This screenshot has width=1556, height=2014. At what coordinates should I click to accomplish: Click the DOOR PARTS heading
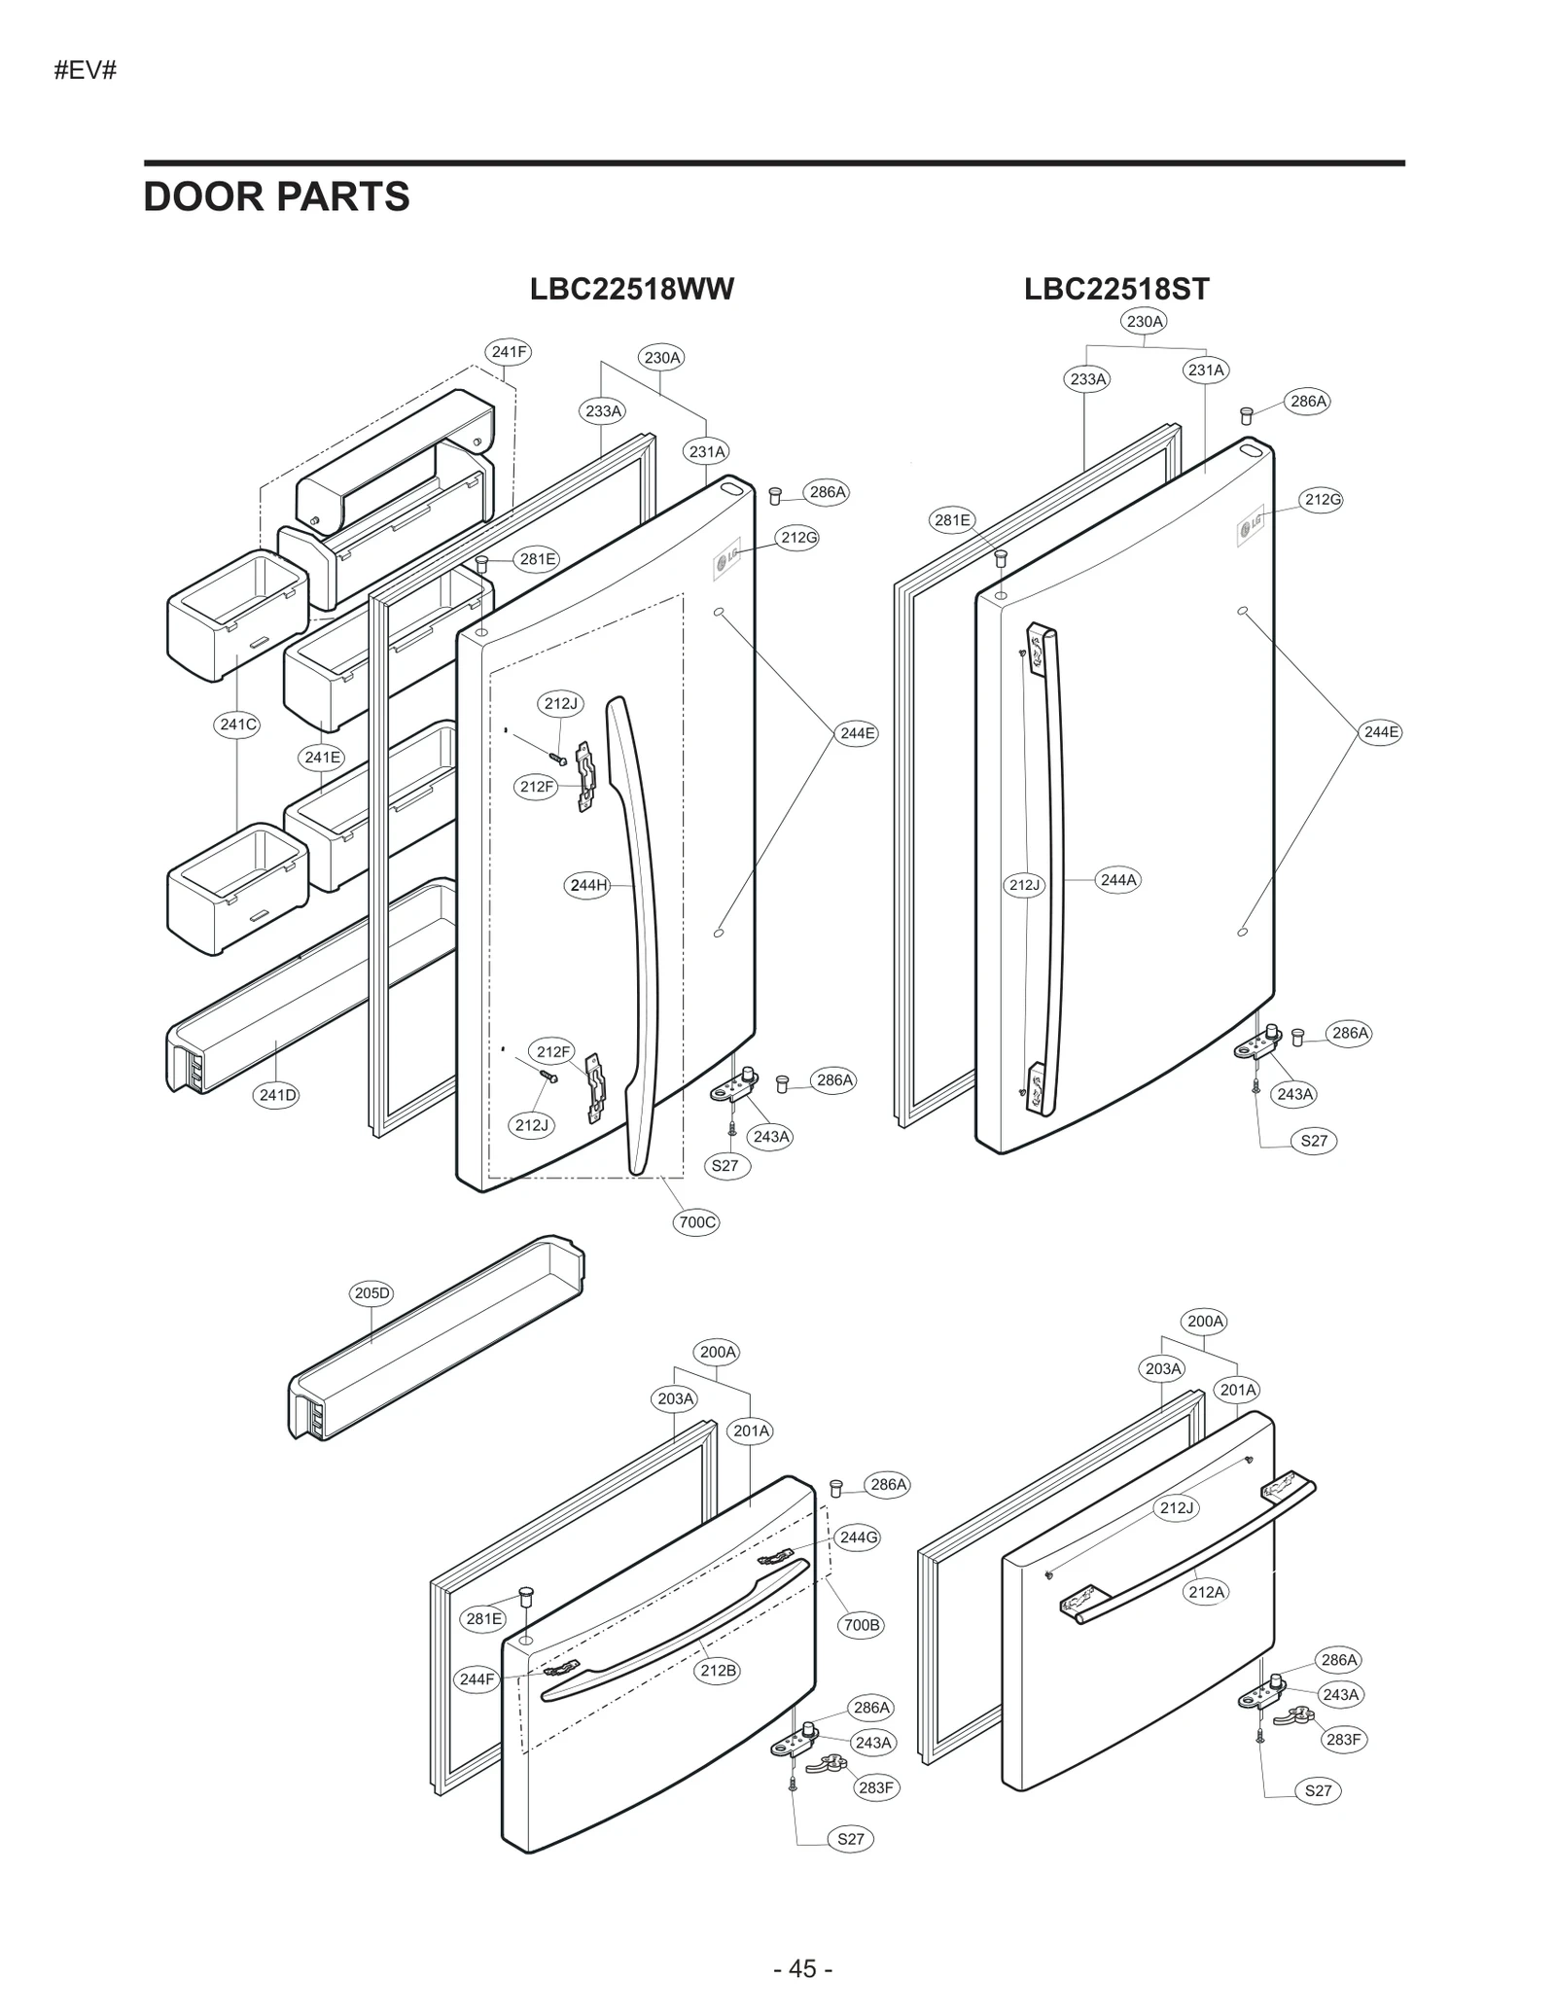click(x=276, y=197)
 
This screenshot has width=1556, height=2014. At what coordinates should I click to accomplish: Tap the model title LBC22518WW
click(x=631, y=289)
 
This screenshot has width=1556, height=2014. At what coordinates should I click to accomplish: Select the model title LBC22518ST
click(x=1116, y=289)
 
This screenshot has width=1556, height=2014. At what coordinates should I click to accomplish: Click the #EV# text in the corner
click(x=86, y=71)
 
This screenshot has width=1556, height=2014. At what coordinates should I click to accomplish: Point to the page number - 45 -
click(x=802, y=1968)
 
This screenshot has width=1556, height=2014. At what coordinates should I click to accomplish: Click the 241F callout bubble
click(x=509, y=352)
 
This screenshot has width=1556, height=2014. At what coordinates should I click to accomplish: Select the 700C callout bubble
click(x=696, y=1222)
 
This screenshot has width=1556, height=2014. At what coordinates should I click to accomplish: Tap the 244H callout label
click(x=588, y=885)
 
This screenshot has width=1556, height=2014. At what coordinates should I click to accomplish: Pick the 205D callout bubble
click(x=371, y=1293)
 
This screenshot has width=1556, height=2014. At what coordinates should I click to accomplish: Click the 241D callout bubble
click(x=277, y=1095)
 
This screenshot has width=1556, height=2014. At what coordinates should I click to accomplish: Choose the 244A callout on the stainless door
click(x=1117, y=880)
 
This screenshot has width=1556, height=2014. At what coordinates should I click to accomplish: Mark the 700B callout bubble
click(x=861, y=1625)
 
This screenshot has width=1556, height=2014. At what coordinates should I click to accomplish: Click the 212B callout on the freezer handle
click(x=718, y=1671)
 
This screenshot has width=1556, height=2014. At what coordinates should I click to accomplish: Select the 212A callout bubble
click(x=1206, y=1592)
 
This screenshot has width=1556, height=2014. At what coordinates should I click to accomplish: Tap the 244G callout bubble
click(x=858, y=1537)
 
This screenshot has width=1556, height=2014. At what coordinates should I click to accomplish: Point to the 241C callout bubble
click(x=238, y=724)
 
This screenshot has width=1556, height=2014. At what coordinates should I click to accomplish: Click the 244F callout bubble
click(x=477, y=1679)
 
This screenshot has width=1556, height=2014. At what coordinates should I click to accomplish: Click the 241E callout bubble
click(x=322, y=757)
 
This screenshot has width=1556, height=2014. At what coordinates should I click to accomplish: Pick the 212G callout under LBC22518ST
click(x=1323, y=500)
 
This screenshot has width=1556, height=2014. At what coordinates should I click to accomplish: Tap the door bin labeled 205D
click(x=438, y=1342)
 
